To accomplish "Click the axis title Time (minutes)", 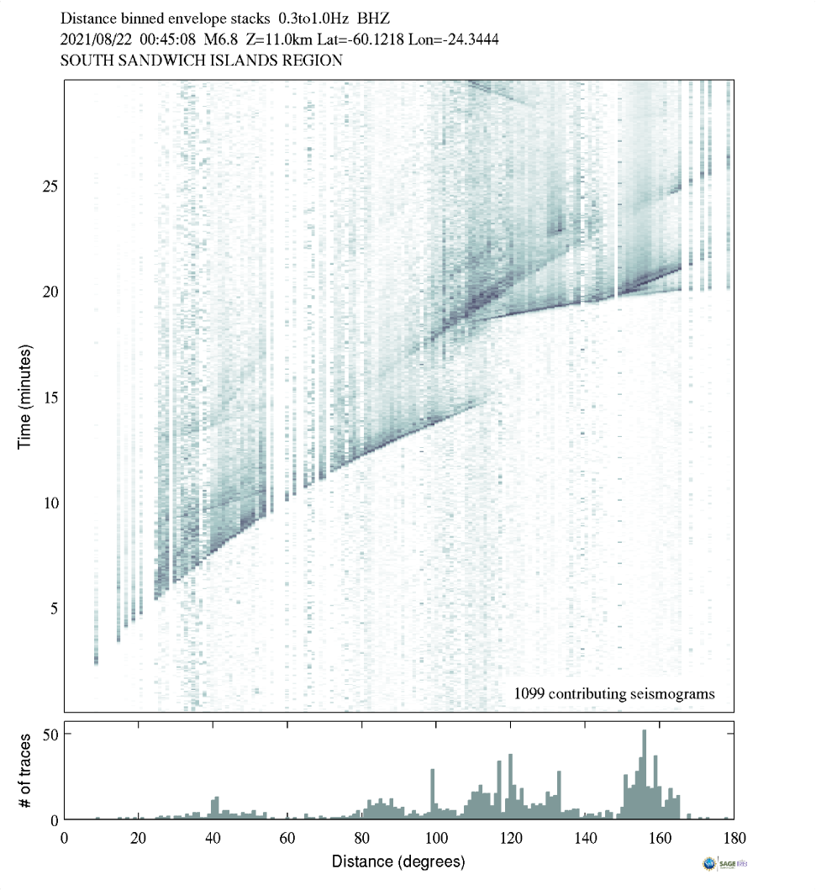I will click(24, 395).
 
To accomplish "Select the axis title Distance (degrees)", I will click(398, 861).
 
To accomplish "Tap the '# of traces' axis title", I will click(24, 770).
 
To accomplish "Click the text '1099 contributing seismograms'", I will click(613, 694).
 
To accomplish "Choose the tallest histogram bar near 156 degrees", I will click(645, 774).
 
